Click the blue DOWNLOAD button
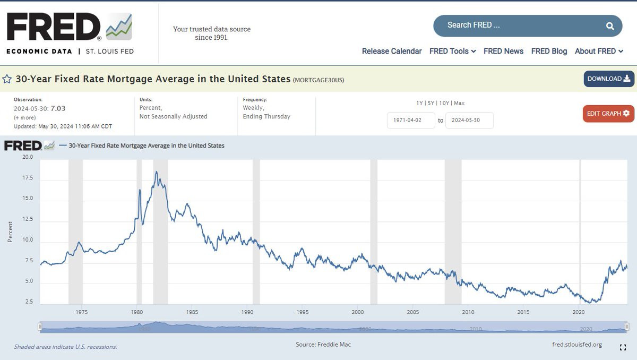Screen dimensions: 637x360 pyautogui.click(x=609, y=79)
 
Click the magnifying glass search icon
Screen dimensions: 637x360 pyautogui.click(x=610, y=26)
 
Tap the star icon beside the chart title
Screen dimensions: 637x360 pyautogui.click(x=7, y=79)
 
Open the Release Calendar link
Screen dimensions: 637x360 pyautogui.click(x=392, y=51)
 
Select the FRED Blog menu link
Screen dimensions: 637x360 pyautogui.click(x=549, y=51)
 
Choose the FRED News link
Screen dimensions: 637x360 pyautogui.click(x=503, y=51)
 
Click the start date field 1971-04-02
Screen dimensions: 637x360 pyautogui.click(x=411, y=121)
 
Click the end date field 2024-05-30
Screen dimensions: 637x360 pyautogui.click(x=469, y=121)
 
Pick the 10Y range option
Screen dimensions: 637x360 pyautogui.click(x=444, y=103)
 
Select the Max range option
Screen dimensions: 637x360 pyautogui.click(x=459, y=103)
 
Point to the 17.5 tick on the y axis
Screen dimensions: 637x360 pyautogui.click(x=28, y=178)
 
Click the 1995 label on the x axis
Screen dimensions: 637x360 pyautogui.click(x=302, y=312)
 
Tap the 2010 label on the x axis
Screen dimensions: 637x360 pyautogui.click(x=468, y=312)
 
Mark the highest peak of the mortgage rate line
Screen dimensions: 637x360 pyautogui.click(x=156, y=172)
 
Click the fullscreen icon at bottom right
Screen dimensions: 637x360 pyautogui.click(x=623, y=347)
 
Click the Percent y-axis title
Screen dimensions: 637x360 pyautogui.click(x=10, y=232)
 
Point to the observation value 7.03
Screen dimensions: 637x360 pyautogui.click(x=58, y=109)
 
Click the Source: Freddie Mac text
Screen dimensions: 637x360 pyautogui.click(x=323, y=345)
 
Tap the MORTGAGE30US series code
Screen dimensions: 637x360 pyautogui.click(x=318, y=80)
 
